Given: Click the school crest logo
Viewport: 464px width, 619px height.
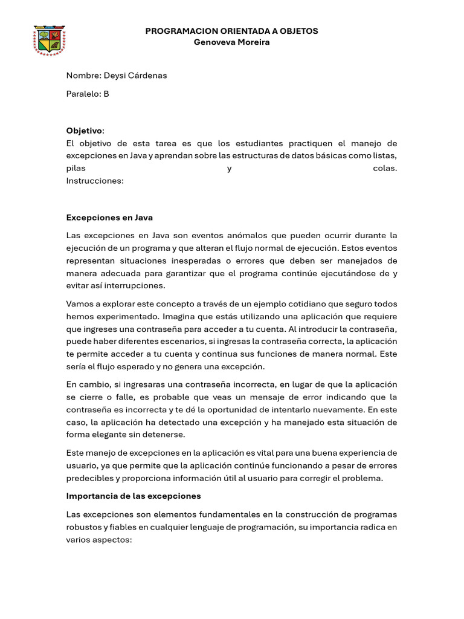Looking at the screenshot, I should pos(50,41).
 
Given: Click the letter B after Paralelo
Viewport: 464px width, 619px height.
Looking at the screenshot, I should pos(106,94).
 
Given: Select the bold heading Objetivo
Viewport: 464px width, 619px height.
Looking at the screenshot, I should pos(84,131).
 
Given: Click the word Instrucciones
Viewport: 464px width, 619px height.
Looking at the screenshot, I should pos(94,181).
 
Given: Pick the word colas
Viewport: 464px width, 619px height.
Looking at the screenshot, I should pos(385,168).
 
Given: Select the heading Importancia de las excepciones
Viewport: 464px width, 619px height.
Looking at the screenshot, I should pos(133,496).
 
